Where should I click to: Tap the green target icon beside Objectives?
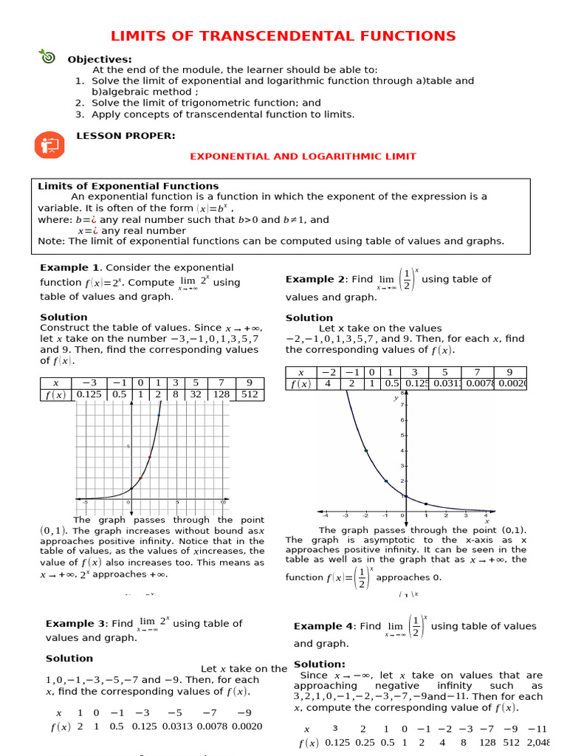tap(47, 56)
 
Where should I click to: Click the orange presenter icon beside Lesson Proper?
tap(50, 144)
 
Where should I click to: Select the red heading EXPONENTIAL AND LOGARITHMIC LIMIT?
tap(303, 157)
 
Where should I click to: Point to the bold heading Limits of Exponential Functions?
tap(128, 186)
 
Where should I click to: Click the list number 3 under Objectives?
tap(79, 114)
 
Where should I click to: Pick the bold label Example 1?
tap(69, 267)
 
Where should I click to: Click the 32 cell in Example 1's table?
tap(196, 395)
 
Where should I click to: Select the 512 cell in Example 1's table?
tap(250, 395)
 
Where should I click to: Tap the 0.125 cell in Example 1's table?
tap(89, 395)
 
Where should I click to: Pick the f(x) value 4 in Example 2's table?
tap(328, 384)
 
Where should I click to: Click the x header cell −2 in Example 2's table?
tap(328, 373)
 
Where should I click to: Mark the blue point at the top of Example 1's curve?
tap(159, 416)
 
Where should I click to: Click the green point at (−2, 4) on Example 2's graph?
tap(365, 450)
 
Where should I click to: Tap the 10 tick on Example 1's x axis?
tap(223, 503)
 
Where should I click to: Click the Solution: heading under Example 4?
tap(319, 664)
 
